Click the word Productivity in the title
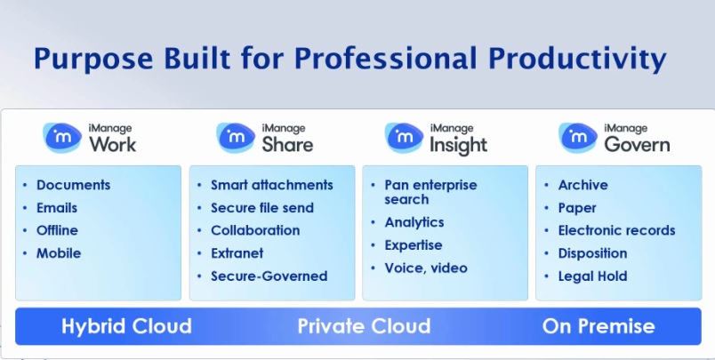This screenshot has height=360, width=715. click(x=577, y=60)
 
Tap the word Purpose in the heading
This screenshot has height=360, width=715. click(x=93, y=60)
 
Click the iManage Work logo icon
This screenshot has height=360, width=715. click(x=62, y=137)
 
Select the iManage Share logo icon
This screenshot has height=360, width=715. click(x=236, y=137)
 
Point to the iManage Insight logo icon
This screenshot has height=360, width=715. click(x=404, y=137)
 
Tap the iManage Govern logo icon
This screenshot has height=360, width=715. click(x=578, y=137)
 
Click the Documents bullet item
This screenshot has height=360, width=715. click(x=74, y=185)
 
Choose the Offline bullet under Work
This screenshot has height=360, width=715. click(x=57, y=230)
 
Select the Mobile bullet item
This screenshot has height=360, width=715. click(x=59, y=253)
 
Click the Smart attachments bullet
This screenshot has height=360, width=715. click(x=272, y=185)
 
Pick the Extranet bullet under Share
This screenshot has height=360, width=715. click(x=237, y=253)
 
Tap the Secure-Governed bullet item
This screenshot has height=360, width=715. click(x=269, y=276)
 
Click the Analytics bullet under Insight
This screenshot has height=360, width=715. click(x=414, y=222)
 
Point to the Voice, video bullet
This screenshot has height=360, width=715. click(x=426, y=268)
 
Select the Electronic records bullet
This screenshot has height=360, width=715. click(x=616, y=230)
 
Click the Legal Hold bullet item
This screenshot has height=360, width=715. click(x=592, y=276)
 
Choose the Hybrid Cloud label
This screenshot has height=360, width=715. click(x=127, y=326)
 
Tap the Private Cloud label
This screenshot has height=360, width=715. click(x=364, y=326)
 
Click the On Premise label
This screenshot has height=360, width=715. click(x=599, y=326)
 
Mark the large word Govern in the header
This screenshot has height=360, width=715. click(x=637, y=145)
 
